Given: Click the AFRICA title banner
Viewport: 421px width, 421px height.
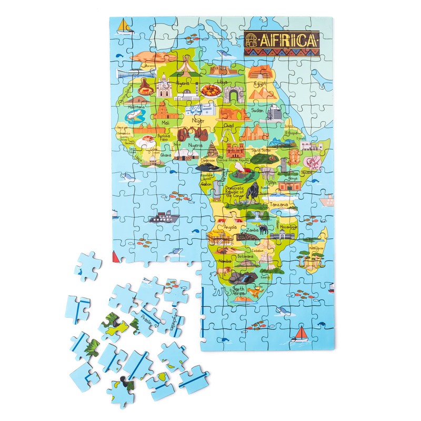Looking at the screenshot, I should tap(282, 41).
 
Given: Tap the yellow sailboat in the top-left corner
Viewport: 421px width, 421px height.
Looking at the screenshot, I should tap(123, 26).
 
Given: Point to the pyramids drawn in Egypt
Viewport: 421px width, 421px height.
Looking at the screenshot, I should tap(261, 94).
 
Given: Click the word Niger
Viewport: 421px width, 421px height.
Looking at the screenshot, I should tap(198, 121).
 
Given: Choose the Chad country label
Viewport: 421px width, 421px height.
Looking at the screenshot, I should tap(228, 126).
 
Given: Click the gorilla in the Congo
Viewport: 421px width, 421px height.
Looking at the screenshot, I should tap(254, 191).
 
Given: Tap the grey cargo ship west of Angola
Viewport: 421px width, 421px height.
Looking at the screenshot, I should tap(164, 217).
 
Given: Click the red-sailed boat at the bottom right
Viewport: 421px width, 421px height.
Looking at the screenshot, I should tap(301, 333).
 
